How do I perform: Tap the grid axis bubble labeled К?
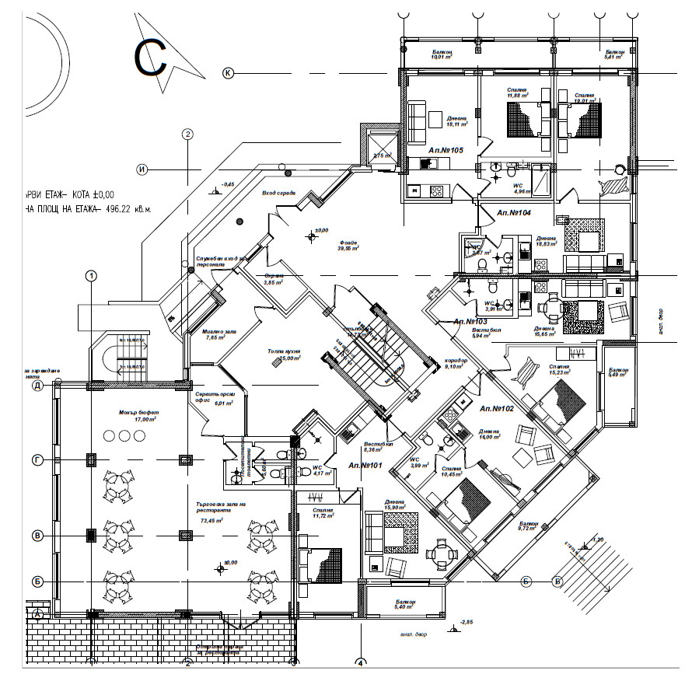tap(229, 73)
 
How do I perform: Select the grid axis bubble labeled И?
tap(142, 169)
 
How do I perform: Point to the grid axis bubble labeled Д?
tap(36, 386)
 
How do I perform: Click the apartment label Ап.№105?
tap(446, 149)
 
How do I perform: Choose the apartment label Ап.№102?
tap(498, 408)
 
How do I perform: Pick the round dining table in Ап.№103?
tap(551, 307)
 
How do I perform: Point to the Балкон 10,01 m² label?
tap(442, 53)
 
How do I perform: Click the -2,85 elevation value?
tap(466, 622)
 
